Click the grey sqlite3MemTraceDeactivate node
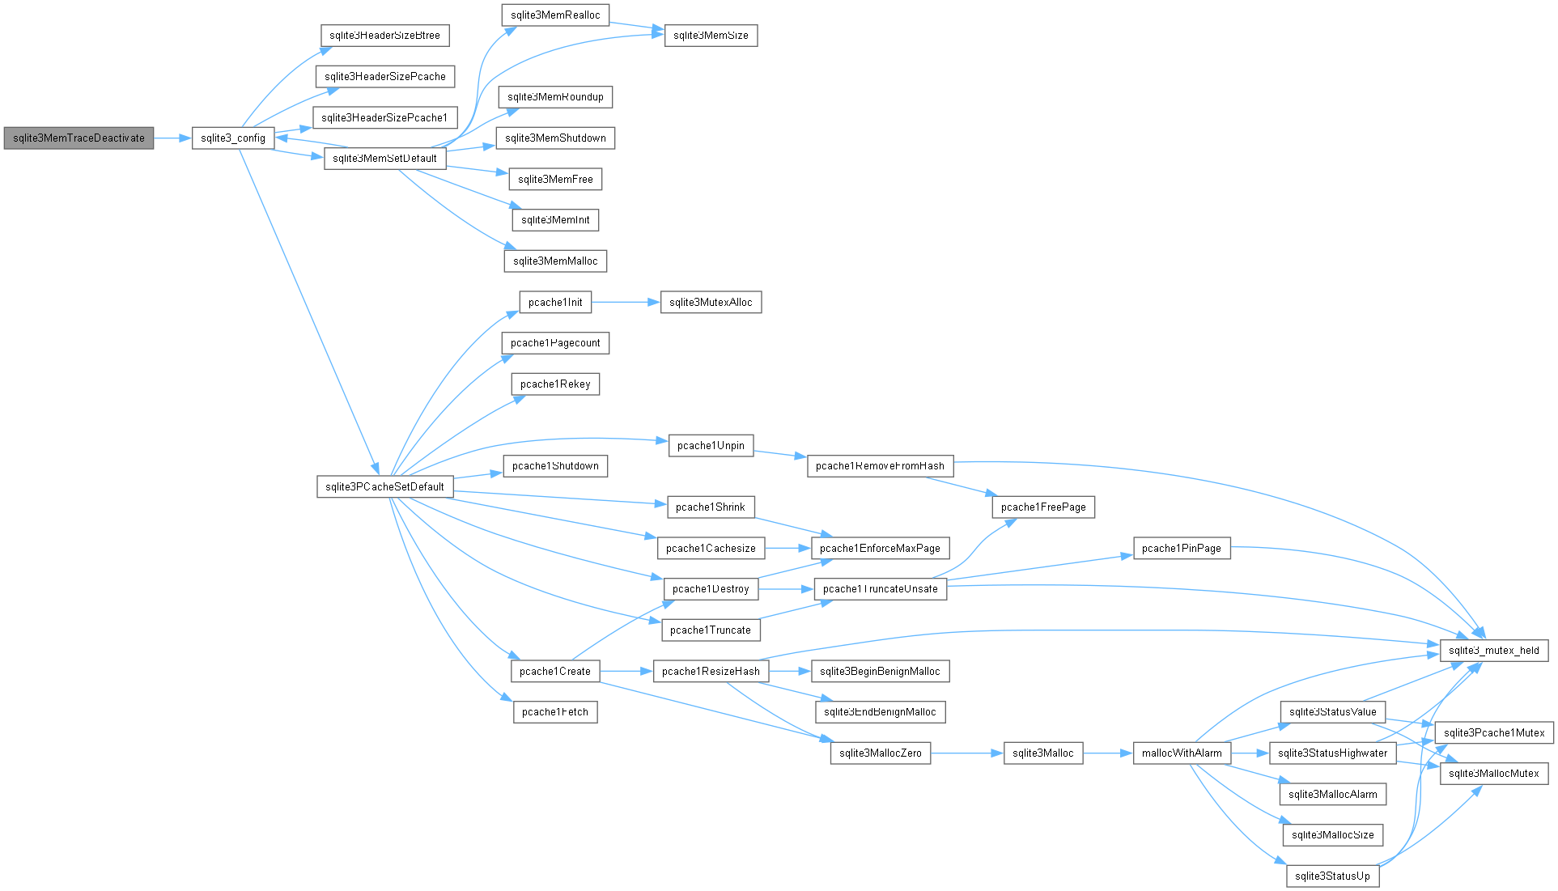click(79, 138)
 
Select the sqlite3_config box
click(233, 138)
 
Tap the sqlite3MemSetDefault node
click(384, 159)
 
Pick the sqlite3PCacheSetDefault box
click(384, 486)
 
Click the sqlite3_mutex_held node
click(1494, 651)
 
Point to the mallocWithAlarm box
click(1182, 753)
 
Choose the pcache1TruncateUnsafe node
click(880, 589)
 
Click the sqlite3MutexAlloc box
click(711, 303)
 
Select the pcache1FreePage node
click(1043, 507)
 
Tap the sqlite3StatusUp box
click(1332, 876)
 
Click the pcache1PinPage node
click(1182, 549)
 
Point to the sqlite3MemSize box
click(711, 36)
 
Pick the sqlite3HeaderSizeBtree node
click(384, 36)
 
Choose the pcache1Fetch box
click(555, 712)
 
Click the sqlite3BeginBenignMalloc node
click(880, 672)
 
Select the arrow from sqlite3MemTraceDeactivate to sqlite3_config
click(172, 138)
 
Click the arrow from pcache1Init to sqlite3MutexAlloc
click(626, 303)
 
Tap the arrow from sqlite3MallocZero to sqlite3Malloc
click(967, 753)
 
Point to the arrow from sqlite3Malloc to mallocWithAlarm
click(1108, 753)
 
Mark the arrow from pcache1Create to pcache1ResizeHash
click(626, 672)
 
